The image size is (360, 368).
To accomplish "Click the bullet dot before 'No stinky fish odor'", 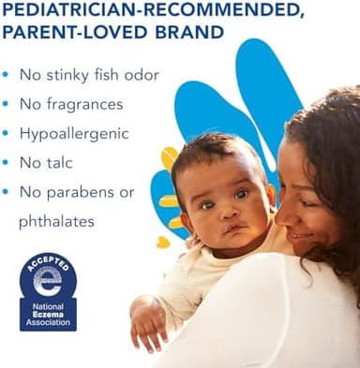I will coord(7,75).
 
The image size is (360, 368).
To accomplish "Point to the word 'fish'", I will coord(101,75).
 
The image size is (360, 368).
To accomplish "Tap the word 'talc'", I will coord(59,163).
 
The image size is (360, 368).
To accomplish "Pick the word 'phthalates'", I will coord(55,222).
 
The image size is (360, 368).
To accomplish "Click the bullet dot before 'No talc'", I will coord(7,164).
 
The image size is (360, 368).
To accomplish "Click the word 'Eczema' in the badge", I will coord(48,315).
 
